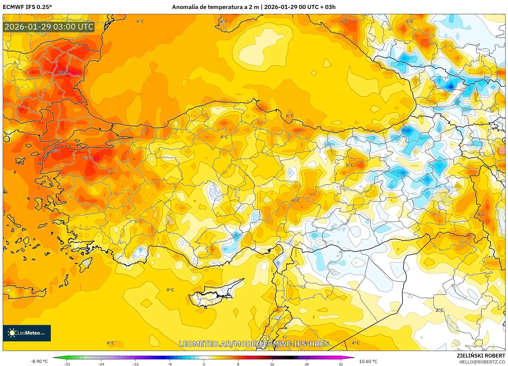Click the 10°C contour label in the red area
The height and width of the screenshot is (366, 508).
pos(62,72)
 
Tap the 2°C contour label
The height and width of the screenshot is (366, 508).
pos(439,310)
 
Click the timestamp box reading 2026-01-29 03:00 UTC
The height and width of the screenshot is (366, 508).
pos(49,27)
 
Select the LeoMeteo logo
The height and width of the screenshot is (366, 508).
pos(27,333)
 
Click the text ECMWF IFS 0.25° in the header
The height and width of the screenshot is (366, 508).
pos(27,7)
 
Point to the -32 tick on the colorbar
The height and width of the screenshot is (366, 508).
pos(67,364)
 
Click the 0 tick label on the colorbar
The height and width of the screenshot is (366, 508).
pos(204,364)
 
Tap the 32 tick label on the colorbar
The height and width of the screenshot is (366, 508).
pos(341,364)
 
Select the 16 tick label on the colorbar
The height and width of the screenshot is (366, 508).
pos(272,364)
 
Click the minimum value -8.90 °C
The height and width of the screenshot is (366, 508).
pos(39,361)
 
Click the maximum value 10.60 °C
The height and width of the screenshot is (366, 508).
pos(368,361)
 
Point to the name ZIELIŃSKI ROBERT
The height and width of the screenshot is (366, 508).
pos(481,356)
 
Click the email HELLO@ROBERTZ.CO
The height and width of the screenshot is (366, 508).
pos(482,362)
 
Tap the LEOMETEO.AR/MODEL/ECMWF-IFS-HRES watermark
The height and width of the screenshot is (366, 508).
pos(254,344)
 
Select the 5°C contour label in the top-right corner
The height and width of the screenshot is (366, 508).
pos(409,21)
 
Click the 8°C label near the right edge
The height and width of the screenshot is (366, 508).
pos(481,214)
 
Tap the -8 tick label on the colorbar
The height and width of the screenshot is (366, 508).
pos(169,364)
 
